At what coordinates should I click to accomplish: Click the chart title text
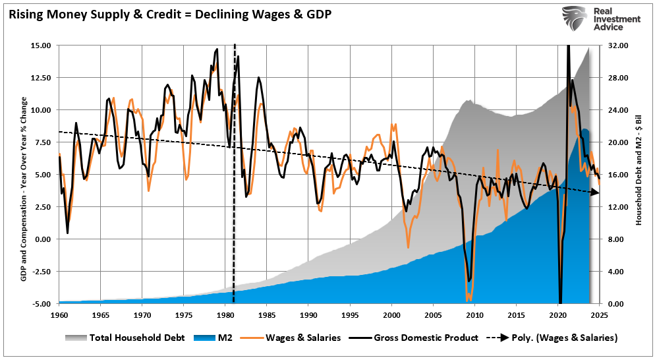(170, 14)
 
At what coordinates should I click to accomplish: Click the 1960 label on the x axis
(59, 315)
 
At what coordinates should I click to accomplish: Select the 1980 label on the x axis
(225, 315)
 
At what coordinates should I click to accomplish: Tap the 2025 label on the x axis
(599, 315)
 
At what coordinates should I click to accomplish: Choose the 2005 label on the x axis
(433, 315)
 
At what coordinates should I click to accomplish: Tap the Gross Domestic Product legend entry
(415, 338)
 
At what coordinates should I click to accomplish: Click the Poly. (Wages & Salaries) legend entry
(554, 338)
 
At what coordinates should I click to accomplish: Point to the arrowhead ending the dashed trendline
(595, 192)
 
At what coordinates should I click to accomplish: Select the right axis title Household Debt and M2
(638, 175)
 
